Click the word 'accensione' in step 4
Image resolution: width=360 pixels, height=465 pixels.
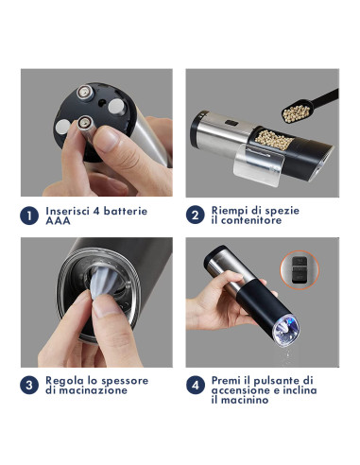[x=245, y=391]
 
